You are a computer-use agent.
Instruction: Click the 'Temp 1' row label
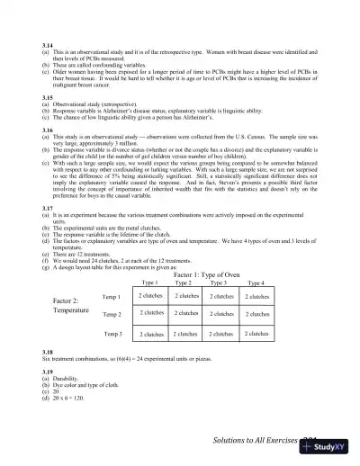click(112, 296)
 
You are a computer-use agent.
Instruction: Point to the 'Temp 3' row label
click(112, 333)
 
